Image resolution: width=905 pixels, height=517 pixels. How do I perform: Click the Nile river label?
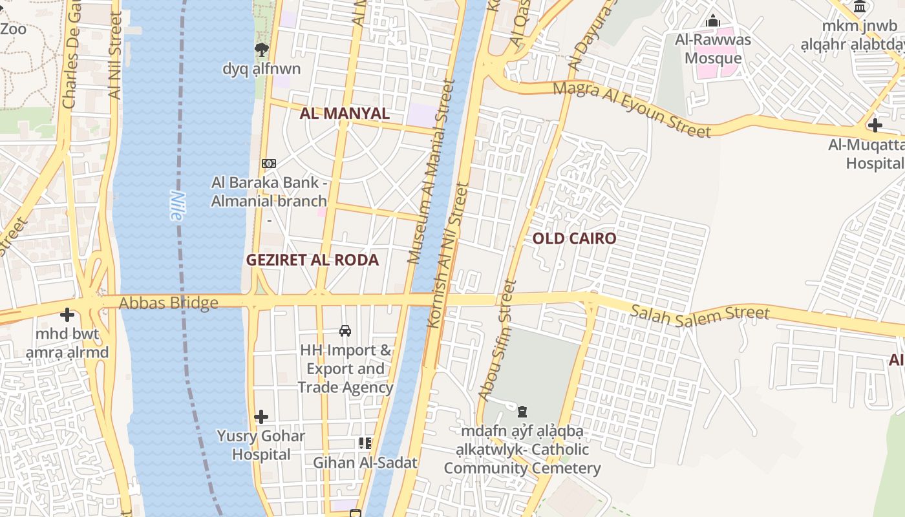tap(176, 206)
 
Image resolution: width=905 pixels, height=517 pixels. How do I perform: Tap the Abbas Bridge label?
tap(168, 302)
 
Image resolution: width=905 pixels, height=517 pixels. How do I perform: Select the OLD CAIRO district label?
tap(574, 238)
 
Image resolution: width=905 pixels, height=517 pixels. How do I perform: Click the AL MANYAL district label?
tap(345, 114)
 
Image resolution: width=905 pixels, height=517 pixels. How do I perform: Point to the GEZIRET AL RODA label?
tap(312, 260)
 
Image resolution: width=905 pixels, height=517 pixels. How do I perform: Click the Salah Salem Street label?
tap(700, 315)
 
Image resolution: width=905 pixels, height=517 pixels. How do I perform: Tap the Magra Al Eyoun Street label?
tap(632, 109)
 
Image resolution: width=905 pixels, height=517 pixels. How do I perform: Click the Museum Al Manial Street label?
tap(431, 171)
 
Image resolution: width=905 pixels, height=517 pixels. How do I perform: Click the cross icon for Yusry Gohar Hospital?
tap(261, 417)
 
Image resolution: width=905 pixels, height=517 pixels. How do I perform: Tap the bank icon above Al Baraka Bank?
tap(269, 164)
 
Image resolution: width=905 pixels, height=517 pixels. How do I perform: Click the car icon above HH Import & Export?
tap(345, 331)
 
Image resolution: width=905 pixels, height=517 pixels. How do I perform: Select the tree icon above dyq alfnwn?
tap(261, 49)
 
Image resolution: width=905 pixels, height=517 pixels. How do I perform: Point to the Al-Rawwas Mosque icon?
tap(713, 21)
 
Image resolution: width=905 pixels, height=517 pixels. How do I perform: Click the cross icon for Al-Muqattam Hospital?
tap(875, 125)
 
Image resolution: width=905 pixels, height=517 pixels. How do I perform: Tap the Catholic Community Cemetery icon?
tap(522, 411)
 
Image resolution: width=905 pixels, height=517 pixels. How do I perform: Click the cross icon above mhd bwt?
tap(67, 315)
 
